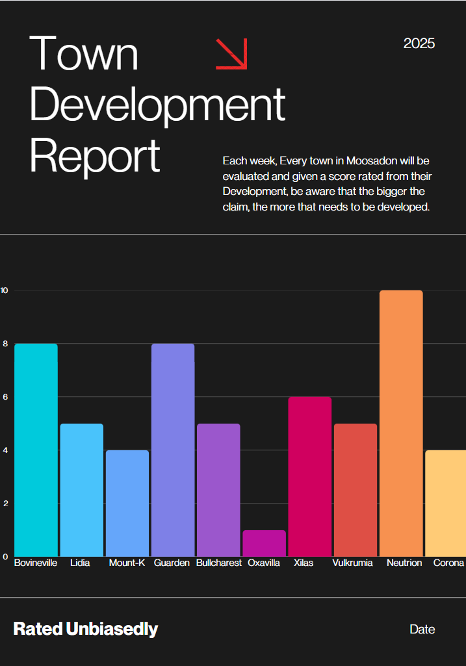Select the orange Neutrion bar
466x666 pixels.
point(401,423)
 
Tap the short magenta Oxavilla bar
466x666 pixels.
point(264,543)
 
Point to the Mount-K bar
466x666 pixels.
point(127,503)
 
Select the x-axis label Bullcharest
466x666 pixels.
point(218,563)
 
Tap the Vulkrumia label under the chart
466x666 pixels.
point(353,563)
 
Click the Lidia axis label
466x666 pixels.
point(80,563)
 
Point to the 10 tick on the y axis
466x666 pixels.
point(4,290)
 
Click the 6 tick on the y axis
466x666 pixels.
point(5,397)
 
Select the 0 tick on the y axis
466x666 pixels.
point(5,557)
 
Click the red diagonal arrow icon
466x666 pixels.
point(231,53)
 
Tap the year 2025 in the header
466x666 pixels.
point(419,44)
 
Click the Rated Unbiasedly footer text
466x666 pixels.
point(86,629)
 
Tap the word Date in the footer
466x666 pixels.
point(422,629)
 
